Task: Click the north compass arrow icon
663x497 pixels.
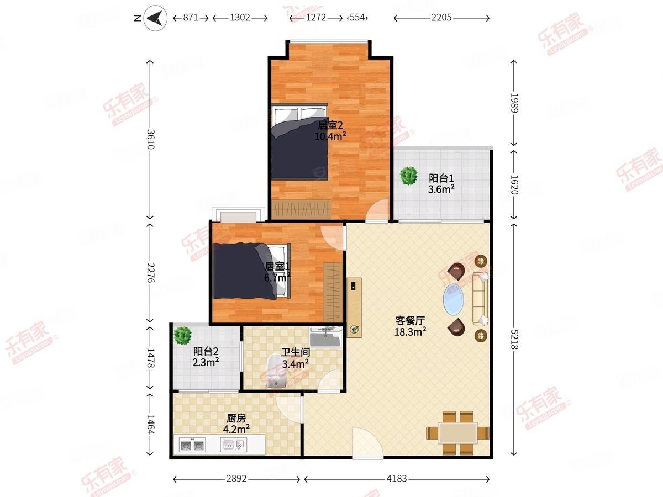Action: (156, 19)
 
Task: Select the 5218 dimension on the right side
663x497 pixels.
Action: (514, 337)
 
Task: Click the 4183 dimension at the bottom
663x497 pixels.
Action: (396, 479)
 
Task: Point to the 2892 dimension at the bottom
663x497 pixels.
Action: (236, 479)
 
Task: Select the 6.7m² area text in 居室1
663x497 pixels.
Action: (277, 278)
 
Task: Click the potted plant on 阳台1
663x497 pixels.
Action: (409, 176)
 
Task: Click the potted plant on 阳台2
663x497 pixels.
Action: (182, 335)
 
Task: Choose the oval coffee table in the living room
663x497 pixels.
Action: (455, 299)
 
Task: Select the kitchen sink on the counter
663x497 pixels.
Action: (234, 444)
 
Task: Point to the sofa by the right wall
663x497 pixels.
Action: (480, 298)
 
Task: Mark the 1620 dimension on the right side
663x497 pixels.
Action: (514, 184)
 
